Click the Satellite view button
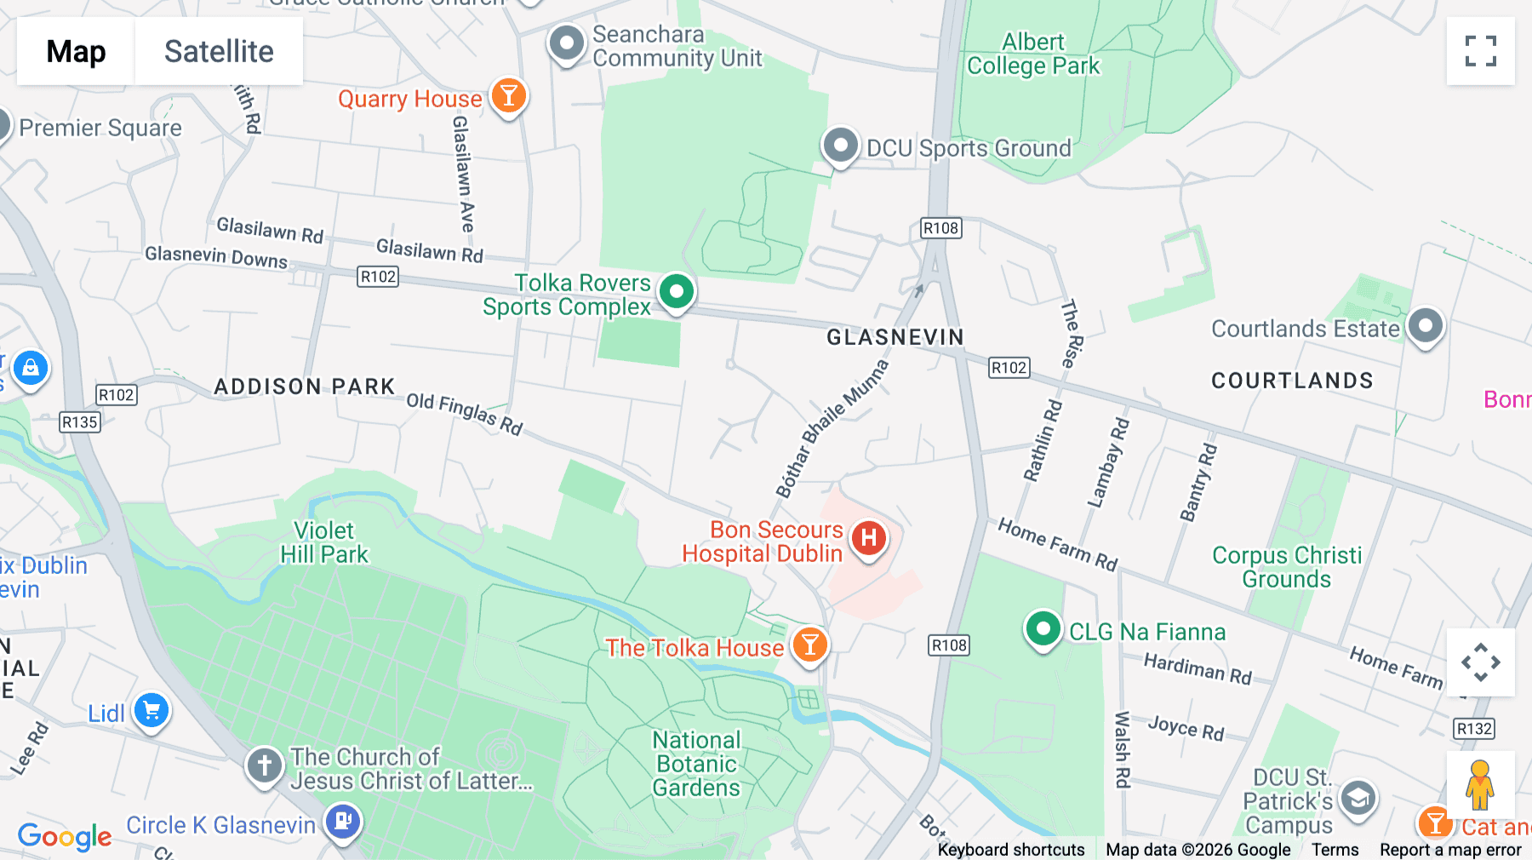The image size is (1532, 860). click(219, 51)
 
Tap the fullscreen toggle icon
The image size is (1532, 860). click(1480, 51)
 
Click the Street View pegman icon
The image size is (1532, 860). click(1480, 785)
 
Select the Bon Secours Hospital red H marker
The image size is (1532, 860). click(868, 538)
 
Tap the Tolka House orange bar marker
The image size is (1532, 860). click(809, 645)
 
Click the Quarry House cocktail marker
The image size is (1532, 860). click(508, 96)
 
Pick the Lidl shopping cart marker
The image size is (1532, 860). click(151, 710)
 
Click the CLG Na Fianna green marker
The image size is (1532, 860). click(1043, 630)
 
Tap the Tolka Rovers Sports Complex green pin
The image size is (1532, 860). click(677, 292)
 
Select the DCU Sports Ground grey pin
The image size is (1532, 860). click(840, 146)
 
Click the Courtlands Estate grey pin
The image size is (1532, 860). click(1426, 326)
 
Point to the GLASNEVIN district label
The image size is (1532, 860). click(895, 337)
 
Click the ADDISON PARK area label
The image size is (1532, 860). click(305, 387)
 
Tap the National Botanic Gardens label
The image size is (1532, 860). click(696, 764)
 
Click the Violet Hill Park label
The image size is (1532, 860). click(324, 542)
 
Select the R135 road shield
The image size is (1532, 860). click(80, 422)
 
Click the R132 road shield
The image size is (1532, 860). click(1474, 729)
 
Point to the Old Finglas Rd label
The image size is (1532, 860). click(465, 414)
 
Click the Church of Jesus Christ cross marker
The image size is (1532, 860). click(264, 765)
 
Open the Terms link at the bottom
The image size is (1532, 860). click(1335, 850)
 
